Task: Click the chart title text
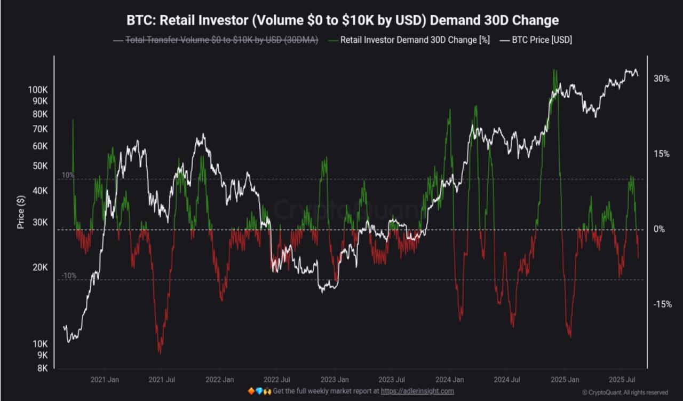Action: pos(342,20)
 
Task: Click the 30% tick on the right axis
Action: pos(662,78)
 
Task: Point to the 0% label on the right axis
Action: pos(660,229)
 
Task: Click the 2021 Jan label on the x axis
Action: pos(105,380)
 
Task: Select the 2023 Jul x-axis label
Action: pos(392,380)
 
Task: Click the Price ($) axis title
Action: pos(21,212)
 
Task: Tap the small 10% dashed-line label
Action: pos(68,175)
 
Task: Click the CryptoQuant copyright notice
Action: pos(624,392)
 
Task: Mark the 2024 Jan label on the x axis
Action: pos(449,380)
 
